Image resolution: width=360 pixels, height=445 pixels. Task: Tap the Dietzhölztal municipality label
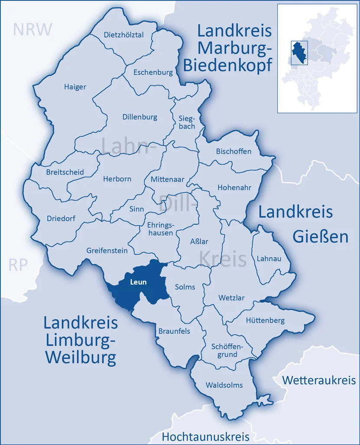[x=123, y=35]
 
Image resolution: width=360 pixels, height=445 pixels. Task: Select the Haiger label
[x=75, y=87]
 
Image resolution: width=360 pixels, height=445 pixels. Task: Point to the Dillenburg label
[x=139, y=117]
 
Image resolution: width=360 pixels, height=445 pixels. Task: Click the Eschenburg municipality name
[x=153, y=72]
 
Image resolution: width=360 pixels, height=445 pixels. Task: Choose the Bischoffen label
[x=234, y=151]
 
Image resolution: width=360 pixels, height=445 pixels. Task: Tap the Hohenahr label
[x=234, y=188]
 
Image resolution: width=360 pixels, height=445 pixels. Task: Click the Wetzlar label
[x=231, y=298]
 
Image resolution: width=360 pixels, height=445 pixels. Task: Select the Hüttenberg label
[x=265, y=321]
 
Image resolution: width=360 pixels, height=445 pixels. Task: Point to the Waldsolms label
[x=224, y=385]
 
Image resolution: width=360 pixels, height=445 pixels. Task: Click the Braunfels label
[x=174, y=331]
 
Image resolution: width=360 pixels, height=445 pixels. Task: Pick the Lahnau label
[x=269, y=259]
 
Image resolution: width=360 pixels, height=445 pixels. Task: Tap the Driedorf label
[x=61, y=218]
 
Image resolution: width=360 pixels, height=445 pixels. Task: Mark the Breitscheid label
[x=65, y=172]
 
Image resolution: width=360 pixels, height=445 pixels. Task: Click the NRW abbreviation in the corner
[x=32, y=29]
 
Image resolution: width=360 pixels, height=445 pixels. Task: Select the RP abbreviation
[x=18, y=265]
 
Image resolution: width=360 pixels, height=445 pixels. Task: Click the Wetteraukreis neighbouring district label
[x=319, y=380]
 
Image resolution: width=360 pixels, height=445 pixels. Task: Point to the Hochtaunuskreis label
[x=206, y=436]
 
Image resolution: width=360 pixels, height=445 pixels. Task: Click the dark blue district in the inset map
[x=298, y=52]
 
